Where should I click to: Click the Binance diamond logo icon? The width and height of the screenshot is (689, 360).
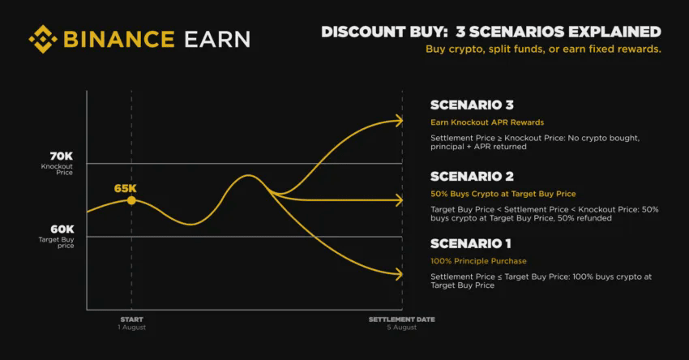coord(43,39)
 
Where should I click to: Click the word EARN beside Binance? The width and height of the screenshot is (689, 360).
coord(217,39)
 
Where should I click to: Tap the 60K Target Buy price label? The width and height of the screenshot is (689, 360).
coord(56,237)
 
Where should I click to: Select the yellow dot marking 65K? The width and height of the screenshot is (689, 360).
coord(131,200)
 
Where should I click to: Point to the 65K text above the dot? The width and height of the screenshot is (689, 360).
coord(125,189)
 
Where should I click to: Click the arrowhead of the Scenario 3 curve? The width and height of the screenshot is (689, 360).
coord(399,121)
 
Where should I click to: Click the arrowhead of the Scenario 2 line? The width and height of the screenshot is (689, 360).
coord(399,200)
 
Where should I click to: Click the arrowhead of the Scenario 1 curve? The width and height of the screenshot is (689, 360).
coord(399,274)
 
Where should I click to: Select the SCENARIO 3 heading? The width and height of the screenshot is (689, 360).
coord(472,105)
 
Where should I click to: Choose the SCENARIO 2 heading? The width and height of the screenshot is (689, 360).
coord(472,177)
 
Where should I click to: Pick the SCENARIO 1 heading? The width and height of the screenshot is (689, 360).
coord(471,243)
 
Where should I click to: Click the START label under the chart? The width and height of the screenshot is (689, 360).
coord(132,319)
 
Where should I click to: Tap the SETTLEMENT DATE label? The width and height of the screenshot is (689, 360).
coord(401,319)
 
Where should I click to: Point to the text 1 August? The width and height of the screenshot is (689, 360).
coord(132,328)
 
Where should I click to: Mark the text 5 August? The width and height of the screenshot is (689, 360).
coord(401,328)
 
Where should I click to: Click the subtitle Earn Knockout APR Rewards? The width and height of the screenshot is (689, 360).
coord(487,122)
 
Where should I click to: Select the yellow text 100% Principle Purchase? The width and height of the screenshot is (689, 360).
coord(478,261)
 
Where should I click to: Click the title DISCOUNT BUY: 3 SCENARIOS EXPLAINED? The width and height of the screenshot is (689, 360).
coord(491,32)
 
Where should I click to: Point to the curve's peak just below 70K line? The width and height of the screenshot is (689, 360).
coord(249,175)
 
